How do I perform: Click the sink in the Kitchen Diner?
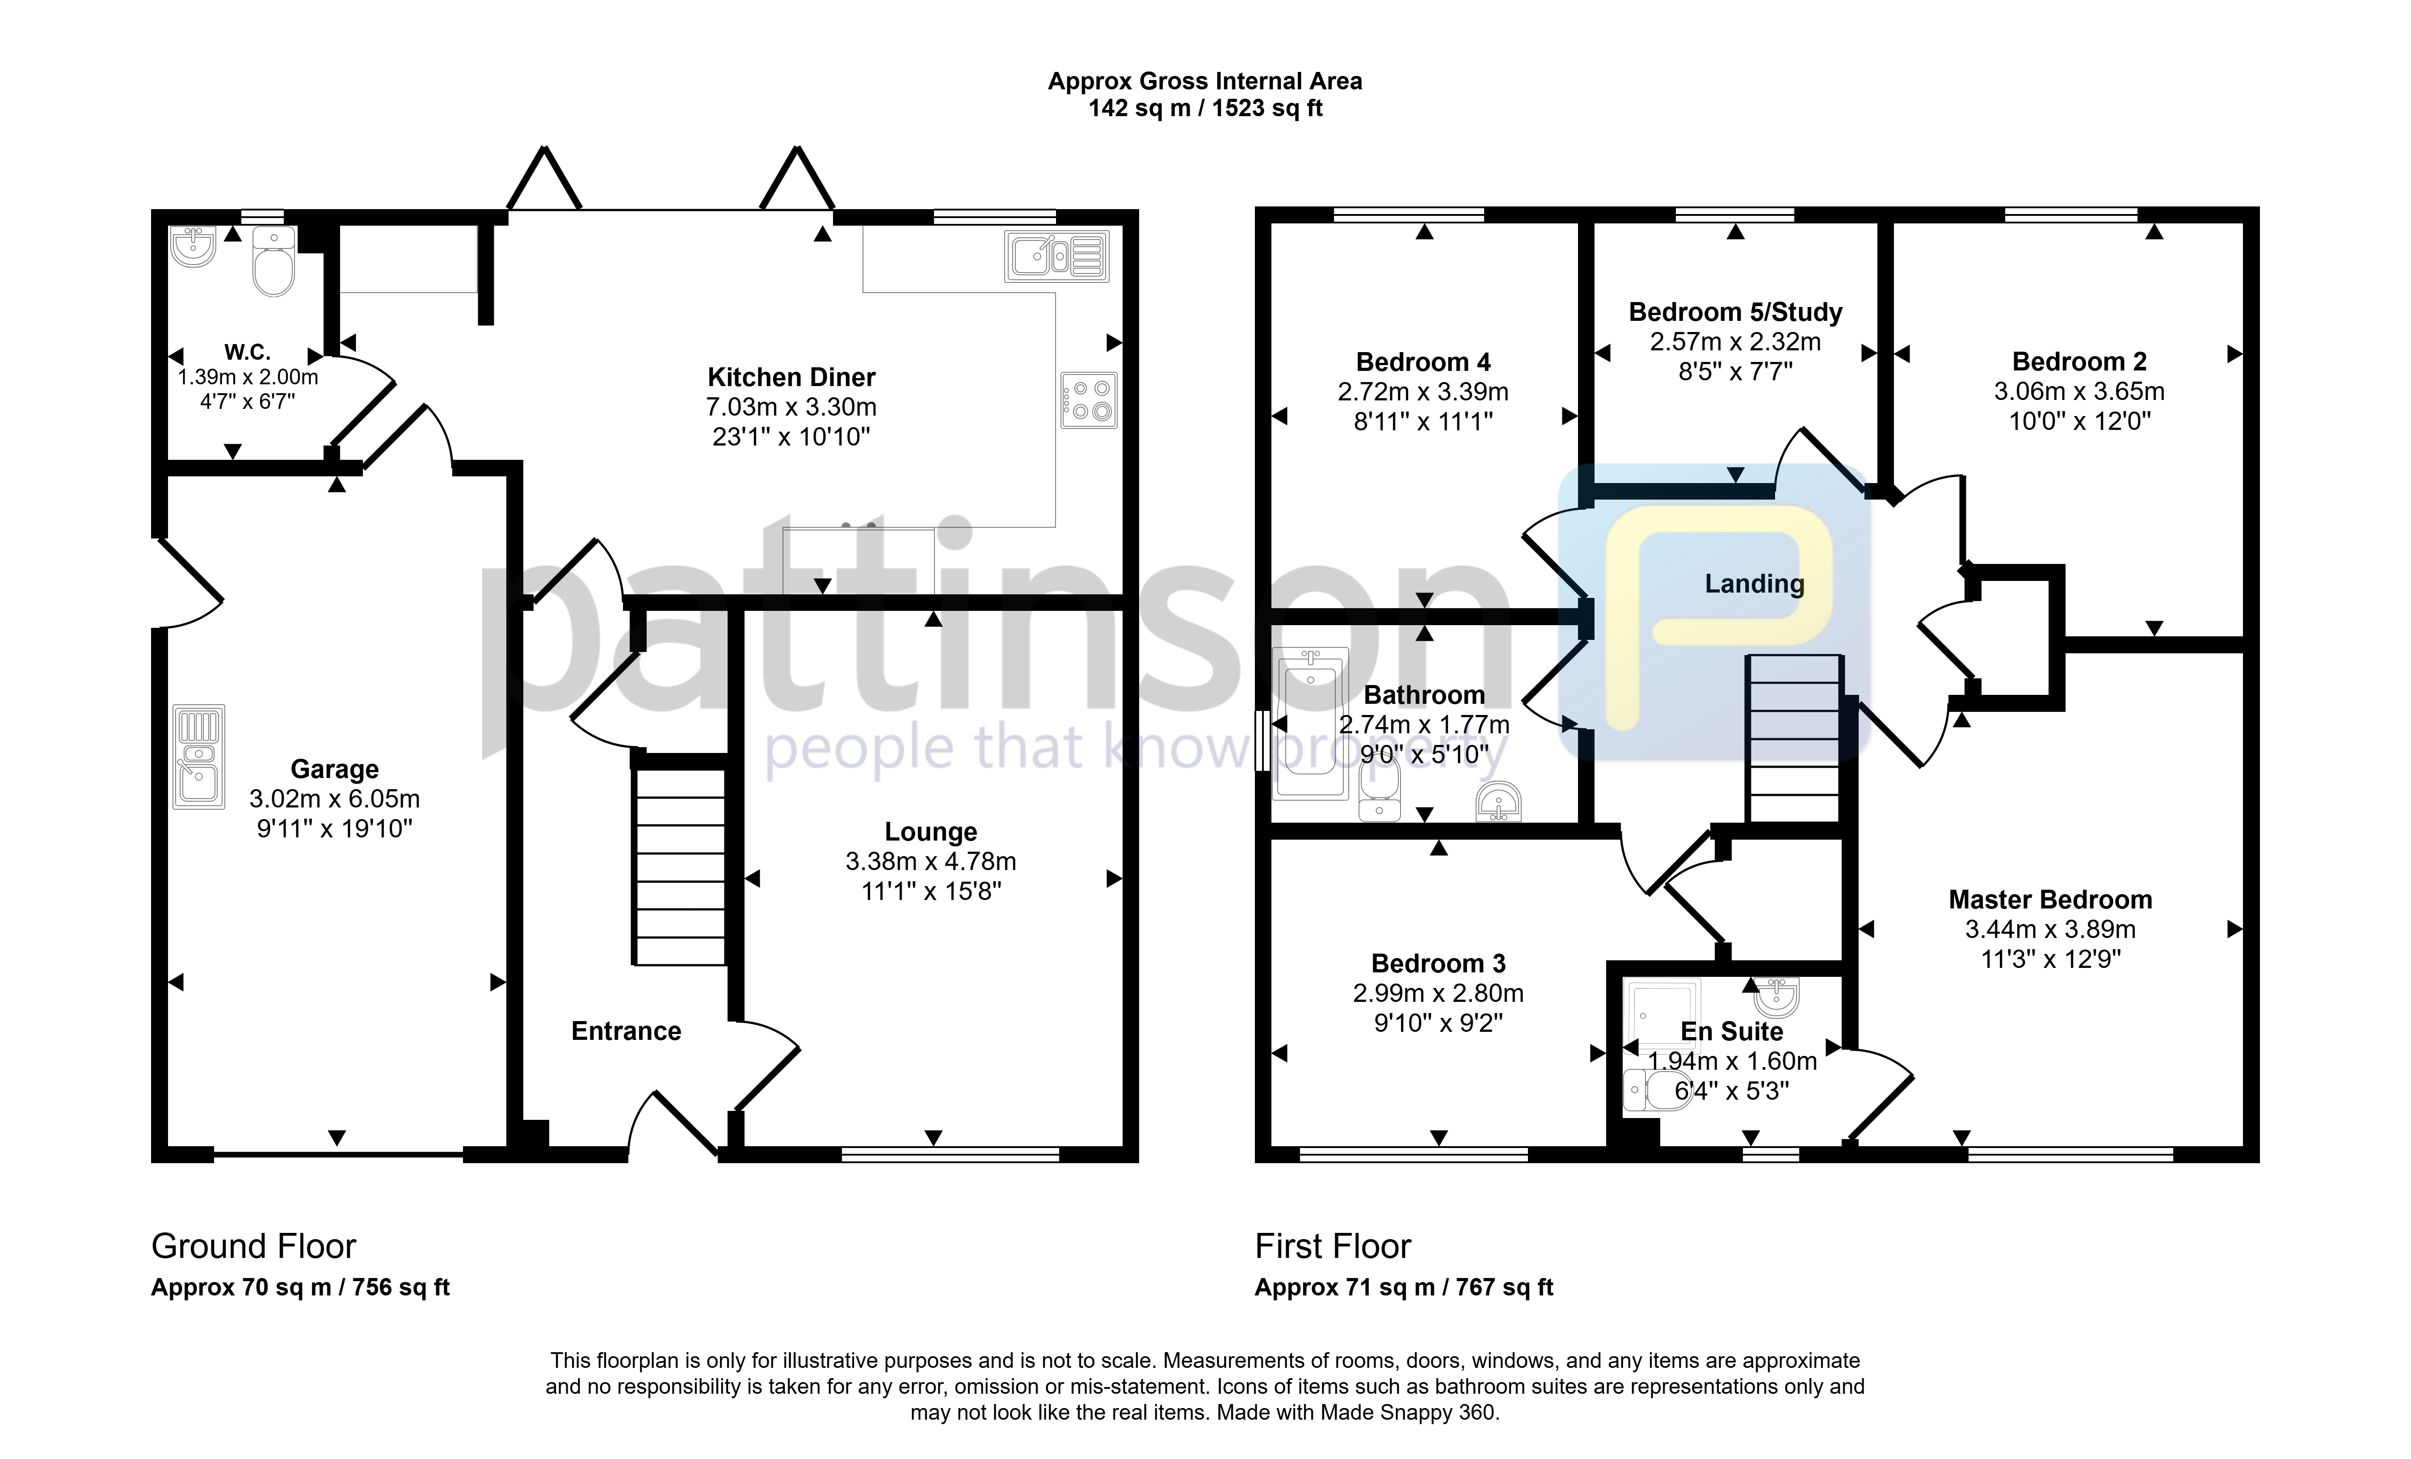[1057, 256]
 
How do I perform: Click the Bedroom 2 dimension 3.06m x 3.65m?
[2079, 391]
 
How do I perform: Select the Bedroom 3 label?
[1439, 964]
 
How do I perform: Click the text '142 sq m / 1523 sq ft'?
[1206, 109]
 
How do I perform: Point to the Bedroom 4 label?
[1424, 362]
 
